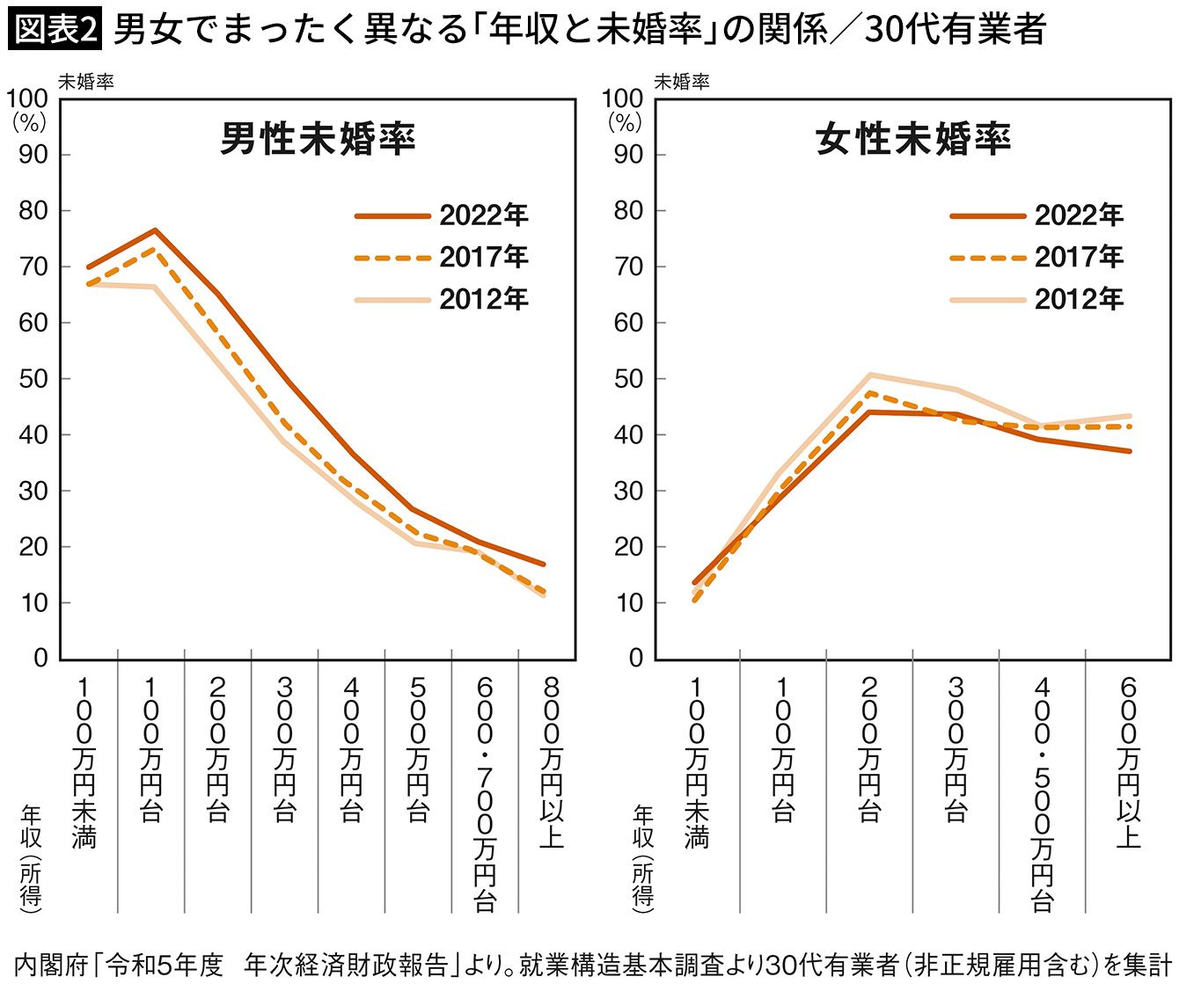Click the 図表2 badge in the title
[x=55, y=30]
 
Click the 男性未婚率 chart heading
[x=318, y=139]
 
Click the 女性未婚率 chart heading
[x=913, y=139]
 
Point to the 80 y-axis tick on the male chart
[x=33, y=211]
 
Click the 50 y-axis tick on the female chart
[x=628, y=379]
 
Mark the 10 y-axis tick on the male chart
[x=33, y=603]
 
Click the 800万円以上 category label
[x=552, y=762]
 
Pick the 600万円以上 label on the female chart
[x=1129, y=762]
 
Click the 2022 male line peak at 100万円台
[x=155, y=230]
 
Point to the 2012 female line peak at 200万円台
[x=869, y=375]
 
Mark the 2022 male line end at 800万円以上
[x=544, y=564]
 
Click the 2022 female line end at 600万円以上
[x=1130, y=451]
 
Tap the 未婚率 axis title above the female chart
[x=681, y=82]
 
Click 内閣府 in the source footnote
[x=52, y=965]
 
